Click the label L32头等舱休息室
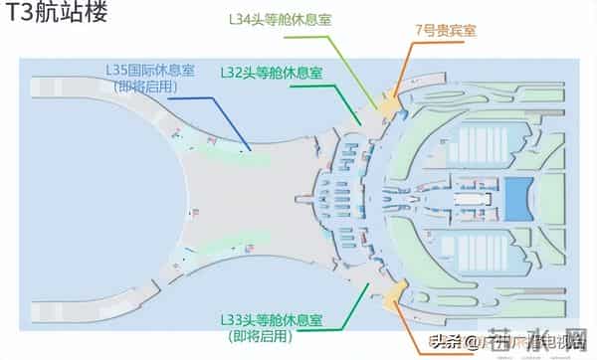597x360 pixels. point(271,73)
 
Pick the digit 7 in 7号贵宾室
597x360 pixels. point(420,30)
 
